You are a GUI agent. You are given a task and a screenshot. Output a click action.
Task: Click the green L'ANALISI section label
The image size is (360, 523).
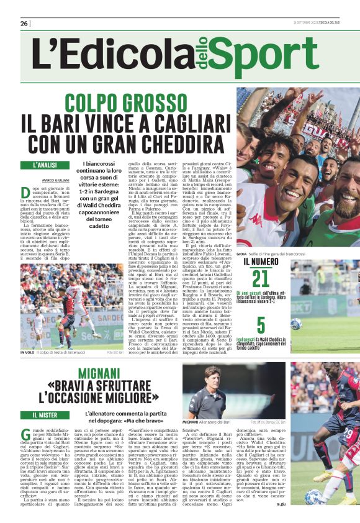point(46,165)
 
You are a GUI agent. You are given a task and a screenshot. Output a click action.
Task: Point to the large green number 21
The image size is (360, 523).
point(261,280)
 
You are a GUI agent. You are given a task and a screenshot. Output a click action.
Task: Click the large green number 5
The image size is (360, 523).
point(261,325)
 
